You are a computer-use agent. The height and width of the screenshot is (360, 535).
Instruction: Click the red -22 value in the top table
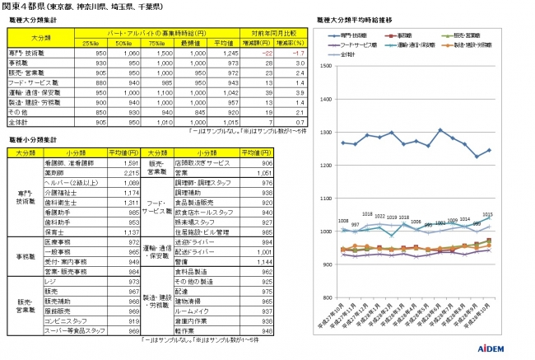[x=263, y=52]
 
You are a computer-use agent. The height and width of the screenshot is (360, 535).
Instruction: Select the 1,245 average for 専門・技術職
[x=228, y=52]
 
